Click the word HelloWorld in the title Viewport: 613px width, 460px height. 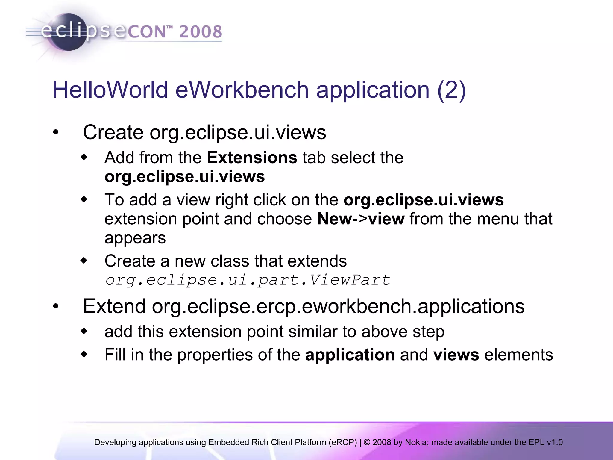tap(110, 90)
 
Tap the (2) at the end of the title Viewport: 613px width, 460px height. tap(451, 90)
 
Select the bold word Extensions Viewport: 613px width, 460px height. tap(252, 158)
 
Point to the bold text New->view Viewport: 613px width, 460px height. tap(361, 219)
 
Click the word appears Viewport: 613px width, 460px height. tap(135, 238)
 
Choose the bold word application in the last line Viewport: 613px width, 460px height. tap(350, 355)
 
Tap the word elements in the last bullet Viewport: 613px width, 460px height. tap(518, 355)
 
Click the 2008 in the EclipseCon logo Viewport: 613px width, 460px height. tap(201, 32)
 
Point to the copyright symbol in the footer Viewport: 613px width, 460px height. tap(367, 442)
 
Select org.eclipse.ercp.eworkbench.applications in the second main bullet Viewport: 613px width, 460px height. tap(338, 306)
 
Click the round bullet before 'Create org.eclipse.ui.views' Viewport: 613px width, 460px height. tap(56, 133)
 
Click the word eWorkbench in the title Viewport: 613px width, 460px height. tap(242, 90)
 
